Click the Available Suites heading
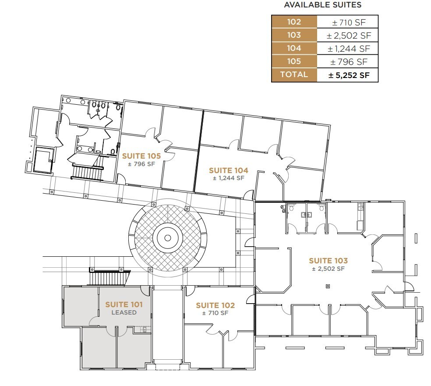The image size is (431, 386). [x=323, y=5]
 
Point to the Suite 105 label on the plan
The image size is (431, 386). [x=141, y=156]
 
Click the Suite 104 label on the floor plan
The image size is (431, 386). [x=228, y=170]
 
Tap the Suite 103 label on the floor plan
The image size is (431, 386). [x=328, y=261]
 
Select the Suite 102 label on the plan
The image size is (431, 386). [x=215, y=305]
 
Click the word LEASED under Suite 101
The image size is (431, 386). [x=124, y=312]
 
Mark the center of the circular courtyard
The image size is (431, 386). [x=167, y=238]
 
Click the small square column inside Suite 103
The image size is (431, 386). [x=327, y=287]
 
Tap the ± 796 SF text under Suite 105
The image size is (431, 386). [x=141, y=164]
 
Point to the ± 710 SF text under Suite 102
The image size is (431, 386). [x=215, y=313]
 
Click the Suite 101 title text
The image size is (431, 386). [x=124, y=305]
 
